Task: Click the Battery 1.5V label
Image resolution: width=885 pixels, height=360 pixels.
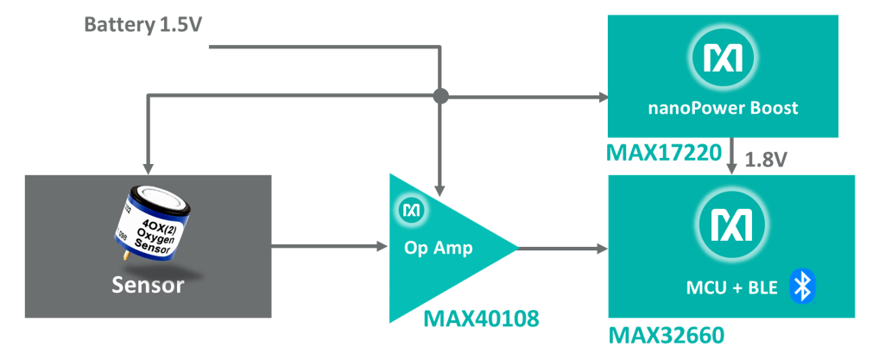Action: tap(144, 24)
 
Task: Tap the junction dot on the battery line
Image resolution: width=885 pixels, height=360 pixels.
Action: tap(440, 96)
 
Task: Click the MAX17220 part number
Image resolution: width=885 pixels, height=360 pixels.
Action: tap(664, 154)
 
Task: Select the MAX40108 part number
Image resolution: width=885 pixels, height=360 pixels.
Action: tap(481, 320)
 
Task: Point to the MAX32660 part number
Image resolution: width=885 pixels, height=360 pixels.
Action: tap(667, 334)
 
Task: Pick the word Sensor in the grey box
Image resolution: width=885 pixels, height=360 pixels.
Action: tap(148, 285)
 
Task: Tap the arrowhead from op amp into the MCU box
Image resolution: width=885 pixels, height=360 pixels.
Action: tap(601, 249)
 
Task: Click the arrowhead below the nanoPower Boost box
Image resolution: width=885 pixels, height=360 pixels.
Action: tap(733, 167)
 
